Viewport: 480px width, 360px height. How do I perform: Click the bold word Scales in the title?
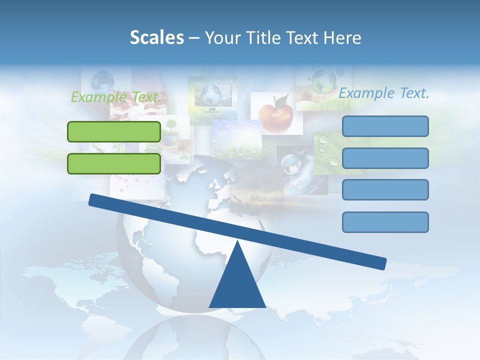click(x=157, y=38)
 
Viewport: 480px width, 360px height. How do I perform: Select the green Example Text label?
click(x=115, y=97)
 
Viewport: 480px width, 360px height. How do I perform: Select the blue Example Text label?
click(x=384, y=93)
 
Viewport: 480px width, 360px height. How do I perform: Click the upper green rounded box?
click(x=114, y=131)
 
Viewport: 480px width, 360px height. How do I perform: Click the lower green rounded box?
click(x=114, y=163)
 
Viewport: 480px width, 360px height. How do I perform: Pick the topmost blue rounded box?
click(x=385, y=126)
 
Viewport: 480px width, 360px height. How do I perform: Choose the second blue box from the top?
click(x=385, y=158)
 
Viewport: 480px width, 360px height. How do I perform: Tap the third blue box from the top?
click(x=385, y=190)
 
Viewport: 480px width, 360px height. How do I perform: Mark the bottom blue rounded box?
click(x=385, y=222)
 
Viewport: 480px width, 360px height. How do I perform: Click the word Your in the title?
click(x=220, y=38)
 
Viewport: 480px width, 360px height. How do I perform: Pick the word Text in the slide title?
click(x=302, y=38)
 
